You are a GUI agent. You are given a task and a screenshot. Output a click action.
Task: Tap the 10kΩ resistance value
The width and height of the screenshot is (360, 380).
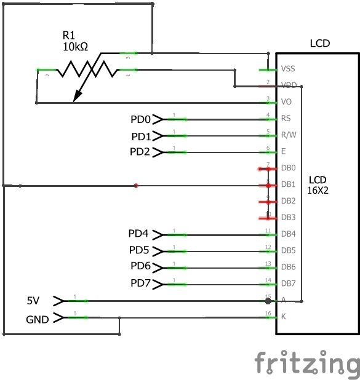click(x=74, y=46)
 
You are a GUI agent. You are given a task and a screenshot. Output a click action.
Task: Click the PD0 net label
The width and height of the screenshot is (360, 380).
click(x=140, y=119)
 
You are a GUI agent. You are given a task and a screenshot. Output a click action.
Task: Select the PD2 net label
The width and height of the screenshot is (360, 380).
click(x=140, y=151)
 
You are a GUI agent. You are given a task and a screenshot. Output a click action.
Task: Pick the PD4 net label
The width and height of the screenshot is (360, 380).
click(x=138, y=234)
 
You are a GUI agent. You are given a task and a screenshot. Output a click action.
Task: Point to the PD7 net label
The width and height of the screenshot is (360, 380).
click(x=140, y=283)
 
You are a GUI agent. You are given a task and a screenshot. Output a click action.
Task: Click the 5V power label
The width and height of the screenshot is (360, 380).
click(x=33, y=301)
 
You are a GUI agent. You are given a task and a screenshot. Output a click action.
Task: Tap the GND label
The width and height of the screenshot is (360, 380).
click(x=37, y=320)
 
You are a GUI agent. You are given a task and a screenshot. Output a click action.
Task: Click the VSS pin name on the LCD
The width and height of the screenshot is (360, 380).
click(x=287, y=69)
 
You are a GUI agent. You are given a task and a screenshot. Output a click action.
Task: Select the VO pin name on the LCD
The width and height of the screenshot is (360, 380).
click(x=286, y=101)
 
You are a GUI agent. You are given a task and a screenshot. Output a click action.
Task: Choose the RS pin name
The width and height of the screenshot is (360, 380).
click(x=286, y=118)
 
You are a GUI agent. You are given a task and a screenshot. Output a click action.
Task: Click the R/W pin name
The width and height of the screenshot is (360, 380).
click(x=287, y=135)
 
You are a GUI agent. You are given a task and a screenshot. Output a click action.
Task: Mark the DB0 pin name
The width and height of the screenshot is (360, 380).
click(x=289, y=168)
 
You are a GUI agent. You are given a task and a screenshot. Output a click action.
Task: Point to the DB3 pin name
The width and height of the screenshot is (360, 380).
click(x=289, y=217)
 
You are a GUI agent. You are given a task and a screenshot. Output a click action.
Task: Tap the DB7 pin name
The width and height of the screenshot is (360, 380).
click(x=289, y=283)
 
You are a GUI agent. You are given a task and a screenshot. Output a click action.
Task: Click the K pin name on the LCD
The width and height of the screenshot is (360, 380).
click(x=283, y=317)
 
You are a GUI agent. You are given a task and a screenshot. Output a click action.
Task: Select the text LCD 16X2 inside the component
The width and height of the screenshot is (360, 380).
click(x=318, y=185)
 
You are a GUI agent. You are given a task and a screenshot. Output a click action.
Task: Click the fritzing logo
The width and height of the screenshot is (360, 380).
click(x=306, y=362)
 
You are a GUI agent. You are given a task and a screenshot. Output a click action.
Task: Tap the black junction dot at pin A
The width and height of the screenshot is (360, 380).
click(x=268, y=301)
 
